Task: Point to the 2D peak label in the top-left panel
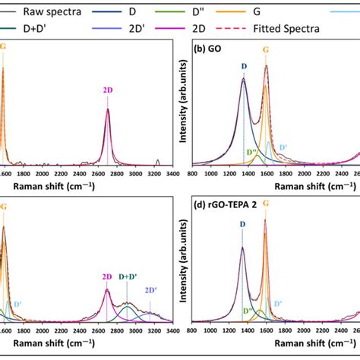pyautogui.click(x=108, y=90)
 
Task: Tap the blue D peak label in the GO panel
pyautogui.click(x=244, y=66)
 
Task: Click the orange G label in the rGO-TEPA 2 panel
pyautogui.click(x=266, y=204)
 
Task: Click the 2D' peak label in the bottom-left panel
pyautogui.click(x=150, y=289)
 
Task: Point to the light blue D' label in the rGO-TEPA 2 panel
pyautogui.click(x=278, y=303)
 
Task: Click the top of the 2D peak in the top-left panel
pyautogui.click(x=108, y=109)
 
